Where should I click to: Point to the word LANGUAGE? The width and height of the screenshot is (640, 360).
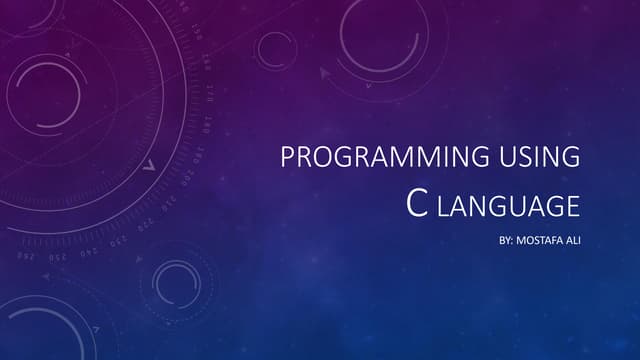[x=509, y=206]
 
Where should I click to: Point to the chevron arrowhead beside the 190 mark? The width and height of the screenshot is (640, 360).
[x=150, y=166]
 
